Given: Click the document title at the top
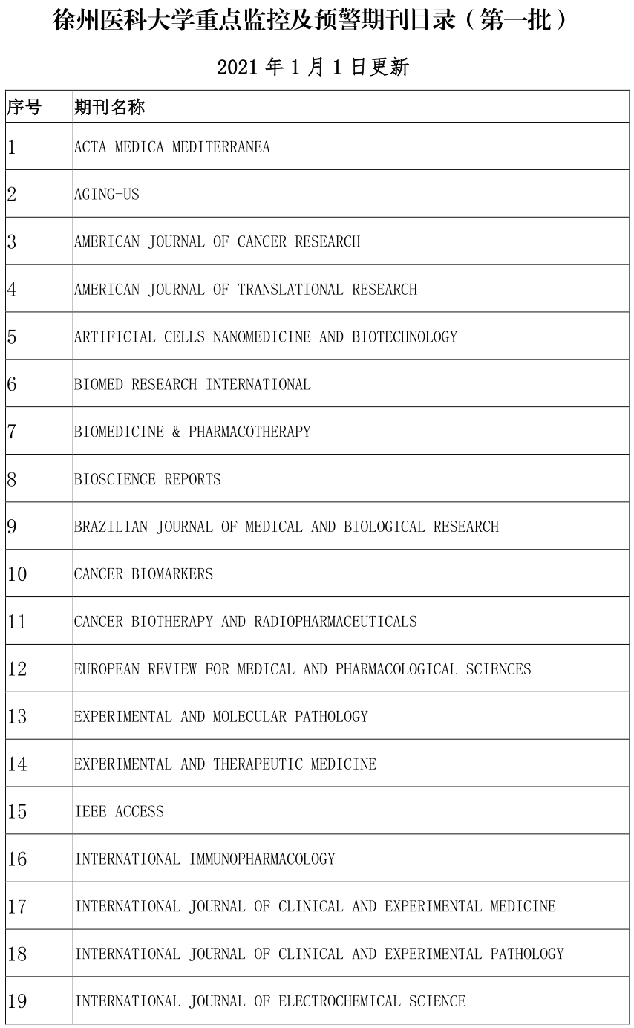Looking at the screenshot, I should [313, 20].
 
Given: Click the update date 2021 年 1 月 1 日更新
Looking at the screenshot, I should [313, 68].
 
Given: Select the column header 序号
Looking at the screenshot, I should [24, 108].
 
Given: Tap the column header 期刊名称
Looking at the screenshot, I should [109, 108].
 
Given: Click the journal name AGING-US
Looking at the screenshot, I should [106, 195].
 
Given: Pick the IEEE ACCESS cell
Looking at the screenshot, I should [119, 812].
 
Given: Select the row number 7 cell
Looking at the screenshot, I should [12, 432].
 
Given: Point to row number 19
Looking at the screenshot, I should [17, 1002].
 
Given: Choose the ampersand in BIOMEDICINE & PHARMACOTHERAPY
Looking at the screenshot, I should [176, 432].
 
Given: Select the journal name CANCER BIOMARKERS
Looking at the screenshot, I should [143, 574].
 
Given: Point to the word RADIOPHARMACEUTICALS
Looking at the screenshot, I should [336, 622].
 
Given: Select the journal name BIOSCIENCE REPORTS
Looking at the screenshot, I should [147, 479].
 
